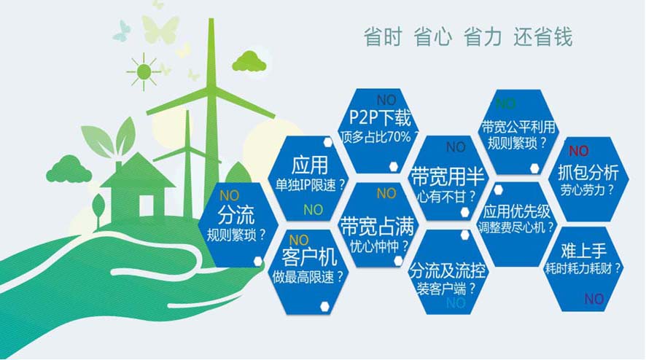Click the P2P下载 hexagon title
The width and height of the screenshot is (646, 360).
(380, 118)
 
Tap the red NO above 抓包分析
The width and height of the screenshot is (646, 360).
(578, 151)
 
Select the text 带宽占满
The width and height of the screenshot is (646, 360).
(376, 226)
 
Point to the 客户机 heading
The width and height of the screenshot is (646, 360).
(309, 258)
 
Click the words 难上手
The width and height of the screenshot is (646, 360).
(583, 251)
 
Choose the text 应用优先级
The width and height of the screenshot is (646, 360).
(517, 212)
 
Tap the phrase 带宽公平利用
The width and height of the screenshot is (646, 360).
(518, 127)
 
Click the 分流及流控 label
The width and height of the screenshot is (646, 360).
(448, 270)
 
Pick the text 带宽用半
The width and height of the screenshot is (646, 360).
(448, 176)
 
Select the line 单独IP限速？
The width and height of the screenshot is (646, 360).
(310, 185)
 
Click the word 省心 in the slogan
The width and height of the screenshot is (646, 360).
(432, 36)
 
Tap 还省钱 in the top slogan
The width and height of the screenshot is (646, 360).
(542, 36)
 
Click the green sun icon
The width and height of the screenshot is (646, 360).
(144, 71)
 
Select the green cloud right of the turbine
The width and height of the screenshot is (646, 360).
(249, 61)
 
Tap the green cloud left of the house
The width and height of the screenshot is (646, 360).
(69, 169)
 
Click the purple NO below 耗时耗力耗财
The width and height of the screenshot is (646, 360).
(594, 299)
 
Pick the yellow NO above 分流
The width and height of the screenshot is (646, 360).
(230, 195)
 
